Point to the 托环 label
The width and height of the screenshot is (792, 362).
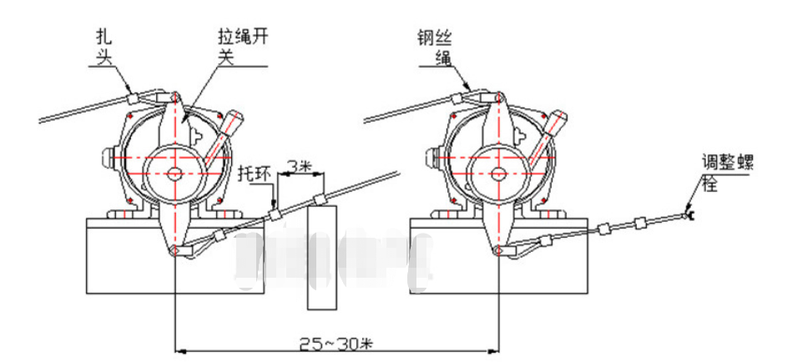tap(254, 173)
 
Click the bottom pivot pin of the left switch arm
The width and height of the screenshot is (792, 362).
tap(174, 250)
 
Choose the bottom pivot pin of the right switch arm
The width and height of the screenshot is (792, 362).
tap(498, 250)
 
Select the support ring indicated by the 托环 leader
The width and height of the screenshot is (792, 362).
tap(277, 214)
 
